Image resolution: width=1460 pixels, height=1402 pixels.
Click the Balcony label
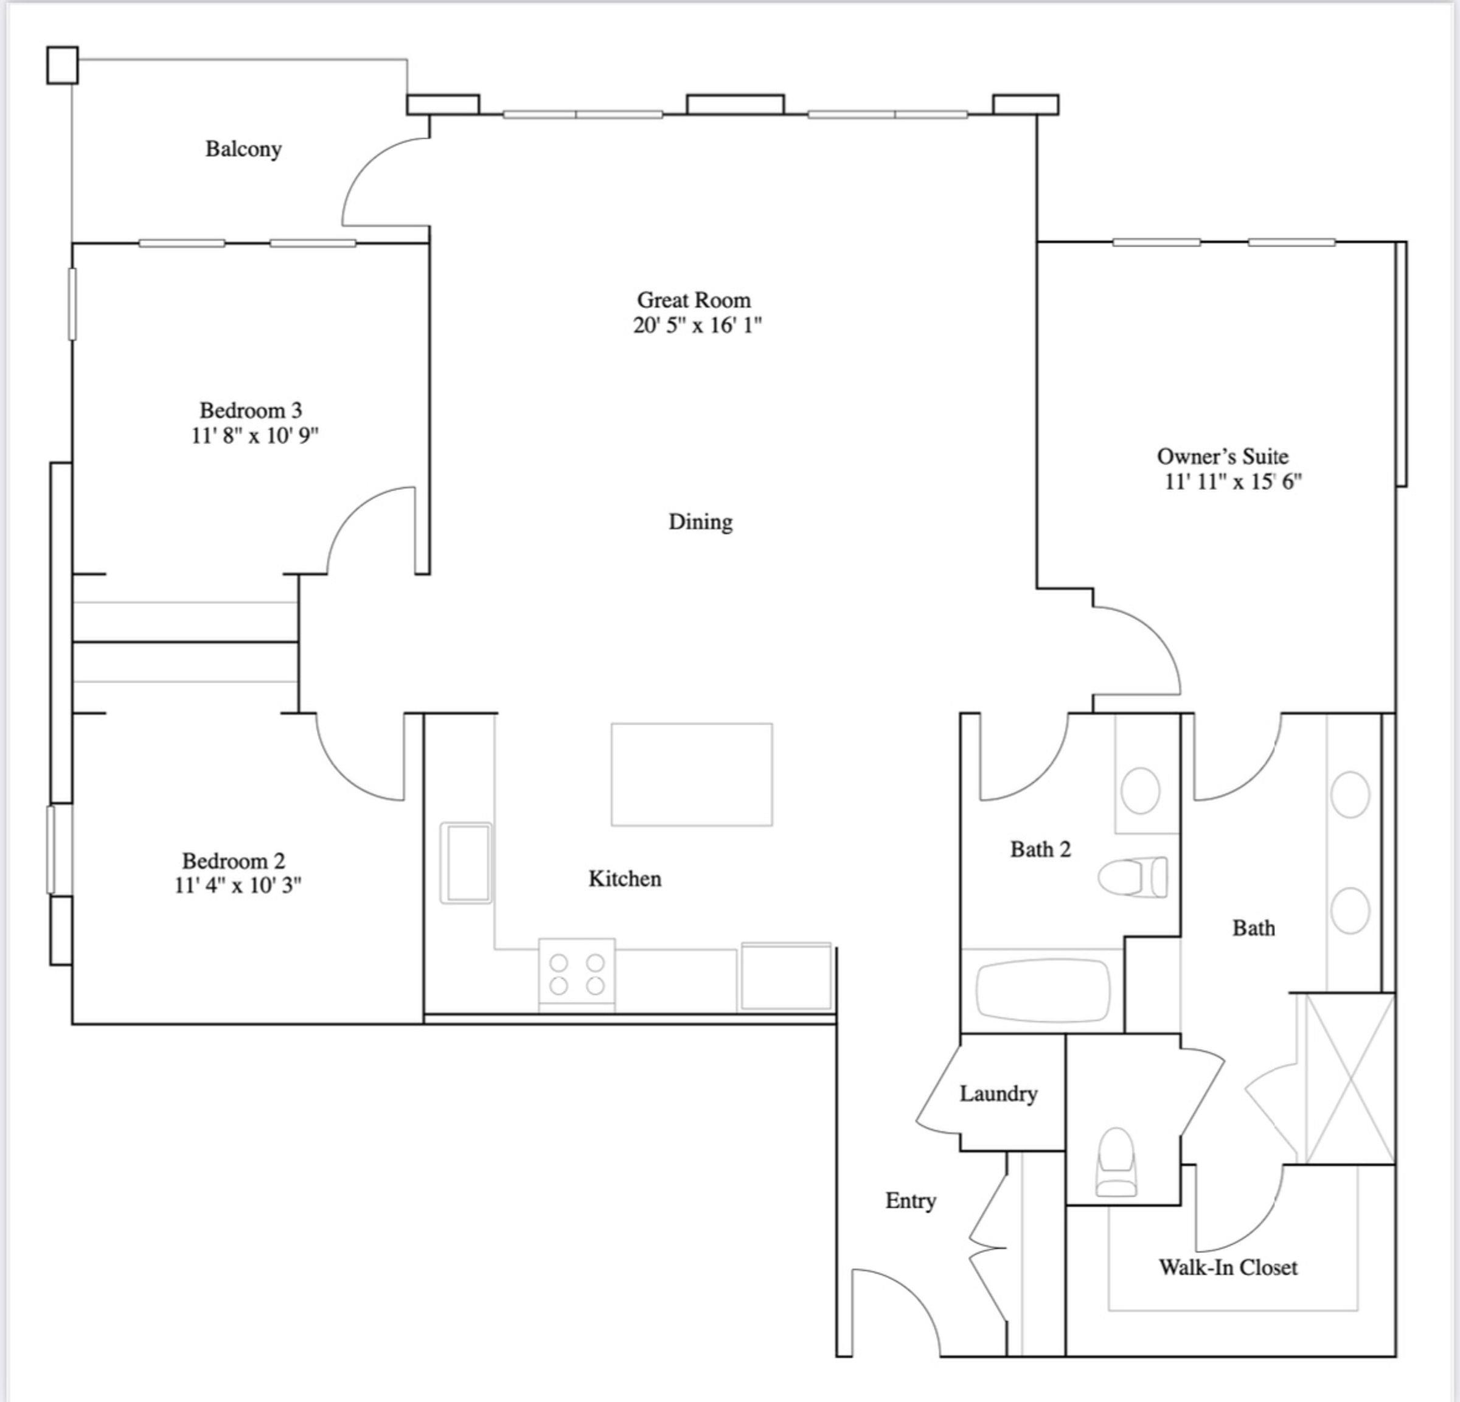(243, 149)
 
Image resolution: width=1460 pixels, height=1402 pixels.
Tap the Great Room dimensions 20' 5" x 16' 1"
(697, 326)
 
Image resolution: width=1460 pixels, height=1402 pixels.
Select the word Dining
(700, 521)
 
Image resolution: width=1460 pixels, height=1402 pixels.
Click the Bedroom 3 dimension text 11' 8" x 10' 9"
(255, 436)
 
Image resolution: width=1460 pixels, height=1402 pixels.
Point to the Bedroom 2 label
(233, 860)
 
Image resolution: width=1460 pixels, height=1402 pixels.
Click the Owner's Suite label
(1222, 456)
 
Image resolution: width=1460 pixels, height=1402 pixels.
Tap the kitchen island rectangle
(691, 774)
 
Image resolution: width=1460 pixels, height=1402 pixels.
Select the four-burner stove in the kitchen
(577, 974)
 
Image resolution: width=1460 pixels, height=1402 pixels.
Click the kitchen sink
(465, 863)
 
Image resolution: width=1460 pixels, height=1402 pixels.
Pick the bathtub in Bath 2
(1043, 990)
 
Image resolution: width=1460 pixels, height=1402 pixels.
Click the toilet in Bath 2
(1132, 877)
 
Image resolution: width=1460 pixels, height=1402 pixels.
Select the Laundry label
(998, 1093)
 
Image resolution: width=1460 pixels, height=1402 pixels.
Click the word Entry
(910, 1200)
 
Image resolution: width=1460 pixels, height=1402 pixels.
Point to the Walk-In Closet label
(1228, 1267)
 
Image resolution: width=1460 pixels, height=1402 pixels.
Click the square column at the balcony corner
(62, 66)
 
